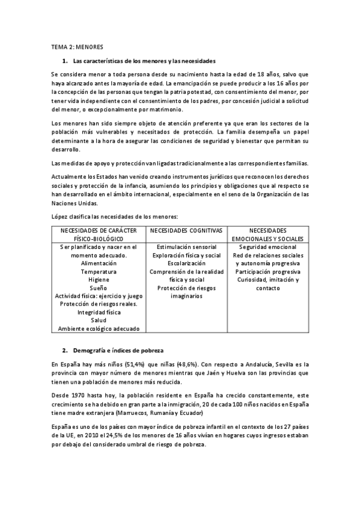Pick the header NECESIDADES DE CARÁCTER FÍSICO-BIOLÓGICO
[x=99, y=235]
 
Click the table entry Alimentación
[x=99, y=263]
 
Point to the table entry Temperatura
[x=99, y=272]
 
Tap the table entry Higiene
[x=99, y=280]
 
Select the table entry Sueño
[x=99, y=288]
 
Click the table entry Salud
[x=99, y=321]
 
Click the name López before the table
[x=61, y=216]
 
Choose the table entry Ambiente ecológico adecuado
[x=99, y=328]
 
